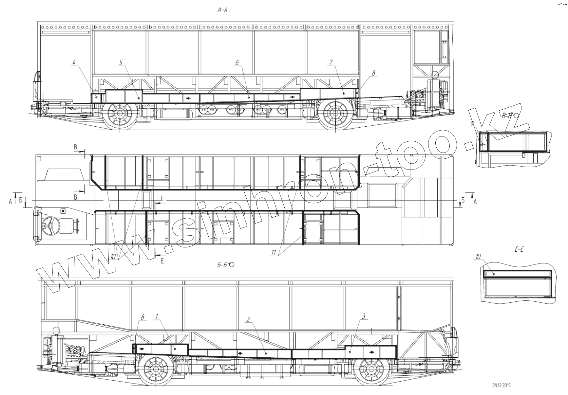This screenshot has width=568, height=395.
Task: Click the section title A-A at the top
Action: [222, 10]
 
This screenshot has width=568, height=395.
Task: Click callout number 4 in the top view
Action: [74, 63]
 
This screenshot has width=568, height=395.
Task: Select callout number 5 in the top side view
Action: [121, 63]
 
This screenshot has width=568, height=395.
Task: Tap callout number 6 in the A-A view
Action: [237, 63]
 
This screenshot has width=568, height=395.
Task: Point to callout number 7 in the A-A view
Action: [331, 63]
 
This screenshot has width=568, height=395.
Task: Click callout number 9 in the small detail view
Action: [472, 124]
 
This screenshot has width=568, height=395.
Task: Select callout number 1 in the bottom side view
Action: [157, 316]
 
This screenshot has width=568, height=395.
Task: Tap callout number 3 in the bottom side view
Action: [364, 316]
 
